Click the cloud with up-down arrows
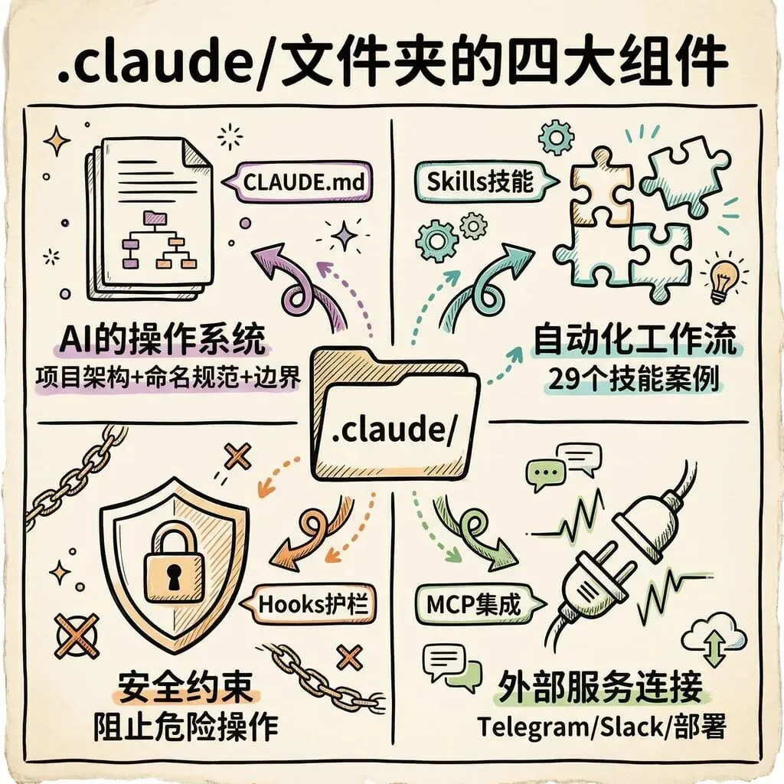(x=714, y=639)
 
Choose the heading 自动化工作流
(x=635, y=340)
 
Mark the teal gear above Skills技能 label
(x=556, y=139)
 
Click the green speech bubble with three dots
(x=546, y=474)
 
